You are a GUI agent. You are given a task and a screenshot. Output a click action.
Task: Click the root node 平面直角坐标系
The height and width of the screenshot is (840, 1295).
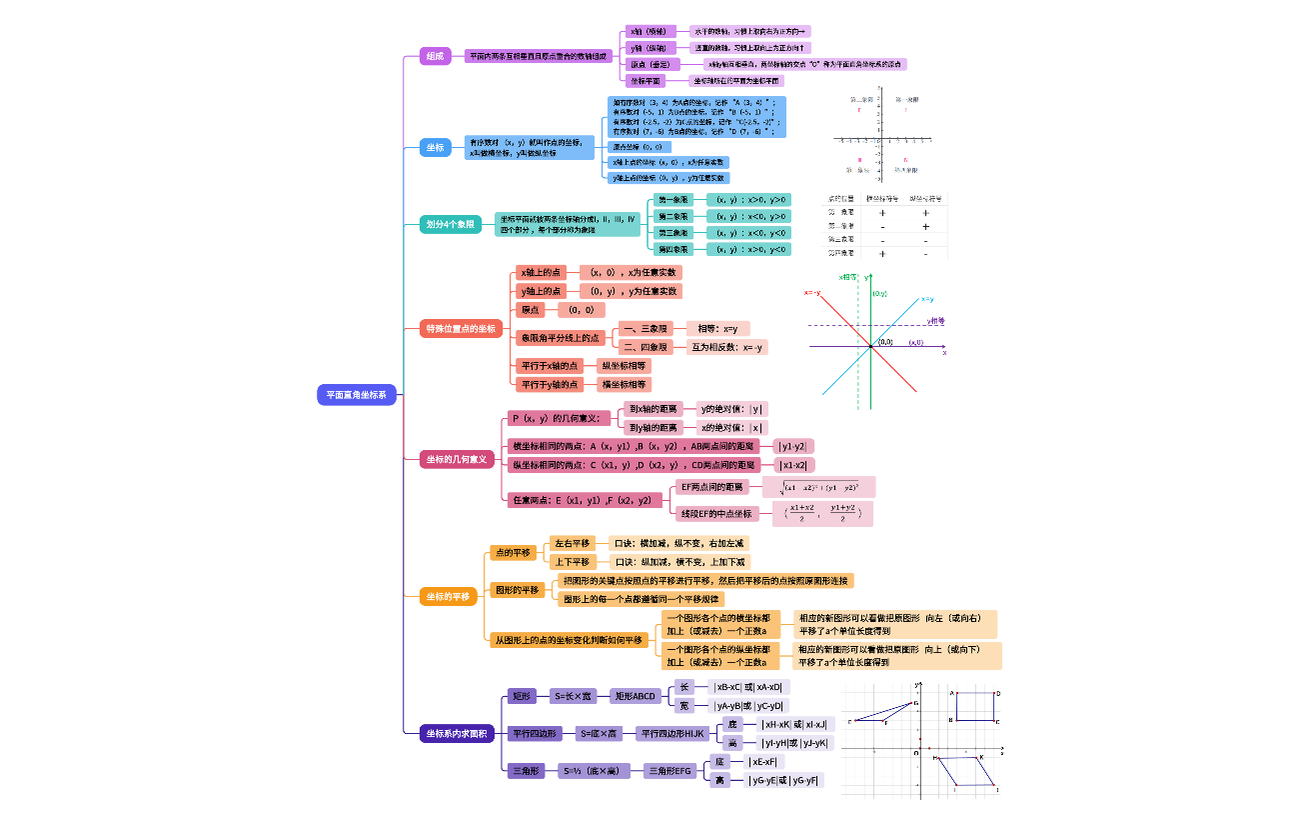click(x=358, y=395)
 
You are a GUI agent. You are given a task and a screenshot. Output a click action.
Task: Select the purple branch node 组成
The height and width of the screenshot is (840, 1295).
click(x=435, y=57)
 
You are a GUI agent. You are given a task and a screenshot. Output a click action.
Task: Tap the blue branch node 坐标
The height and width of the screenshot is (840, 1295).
click(x=435, y=148)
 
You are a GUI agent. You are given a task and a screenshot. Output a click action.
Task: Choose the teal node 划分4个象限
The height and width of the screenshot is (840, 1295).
click(x=451, y=224)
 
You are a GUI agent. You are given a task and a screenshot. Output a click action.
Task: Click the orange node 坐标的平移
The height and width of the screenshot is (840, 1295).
click(x=448, y=596)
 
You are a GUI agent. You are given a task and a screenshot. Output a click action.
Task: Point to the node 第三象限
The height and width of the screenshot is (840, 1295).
click(x=672, y=232)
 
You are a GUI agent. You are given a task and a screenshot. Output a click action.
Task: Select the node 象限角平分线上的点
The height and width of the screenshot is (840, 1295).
click(x=560, y=338)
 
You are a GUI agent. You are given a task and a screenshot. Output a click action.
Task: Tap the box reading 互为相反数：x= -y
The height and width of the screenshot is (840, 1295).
click(x=728, y=348)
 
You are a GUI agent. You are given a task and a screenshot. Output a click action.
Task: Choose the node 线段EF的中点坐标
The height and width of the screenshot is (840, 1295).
click(x=715, y=513)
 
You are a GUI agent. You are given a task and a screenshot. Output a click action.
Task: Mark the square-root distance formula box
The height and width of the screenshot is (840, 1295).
click(x=818, y=487)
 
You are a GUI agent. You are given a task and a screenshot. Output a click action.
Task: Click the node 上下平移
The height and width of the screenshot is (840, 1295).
click(x=573, y=562)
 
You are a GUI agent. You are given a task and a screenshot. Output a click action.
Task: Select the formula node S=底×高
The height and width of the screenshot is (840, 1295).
click(x=603, y=734)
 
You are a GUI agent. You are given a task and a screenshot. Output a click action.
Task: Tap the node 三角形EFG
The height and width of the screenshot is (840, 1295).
click(x=669, y=771)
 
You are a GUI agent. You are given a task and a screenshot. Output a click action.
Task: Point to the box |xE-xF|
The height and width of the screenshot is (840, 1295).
click(x=766, y=762)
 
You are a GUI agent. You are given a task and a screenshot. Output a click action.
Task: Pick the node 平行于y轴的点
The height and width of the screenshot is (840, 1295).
click(x=550, y=384)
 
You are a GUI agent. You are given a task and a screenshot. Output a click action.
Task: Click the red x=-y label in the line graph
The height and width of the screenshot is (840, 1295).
click(x=812, y=293)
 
